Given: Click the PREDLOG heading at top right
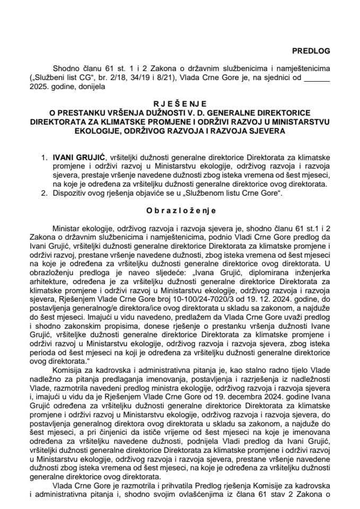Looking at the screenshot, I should [x=311, y=51].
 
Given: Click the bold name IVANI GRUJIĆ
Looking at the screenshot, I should [x=75, y=158].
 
